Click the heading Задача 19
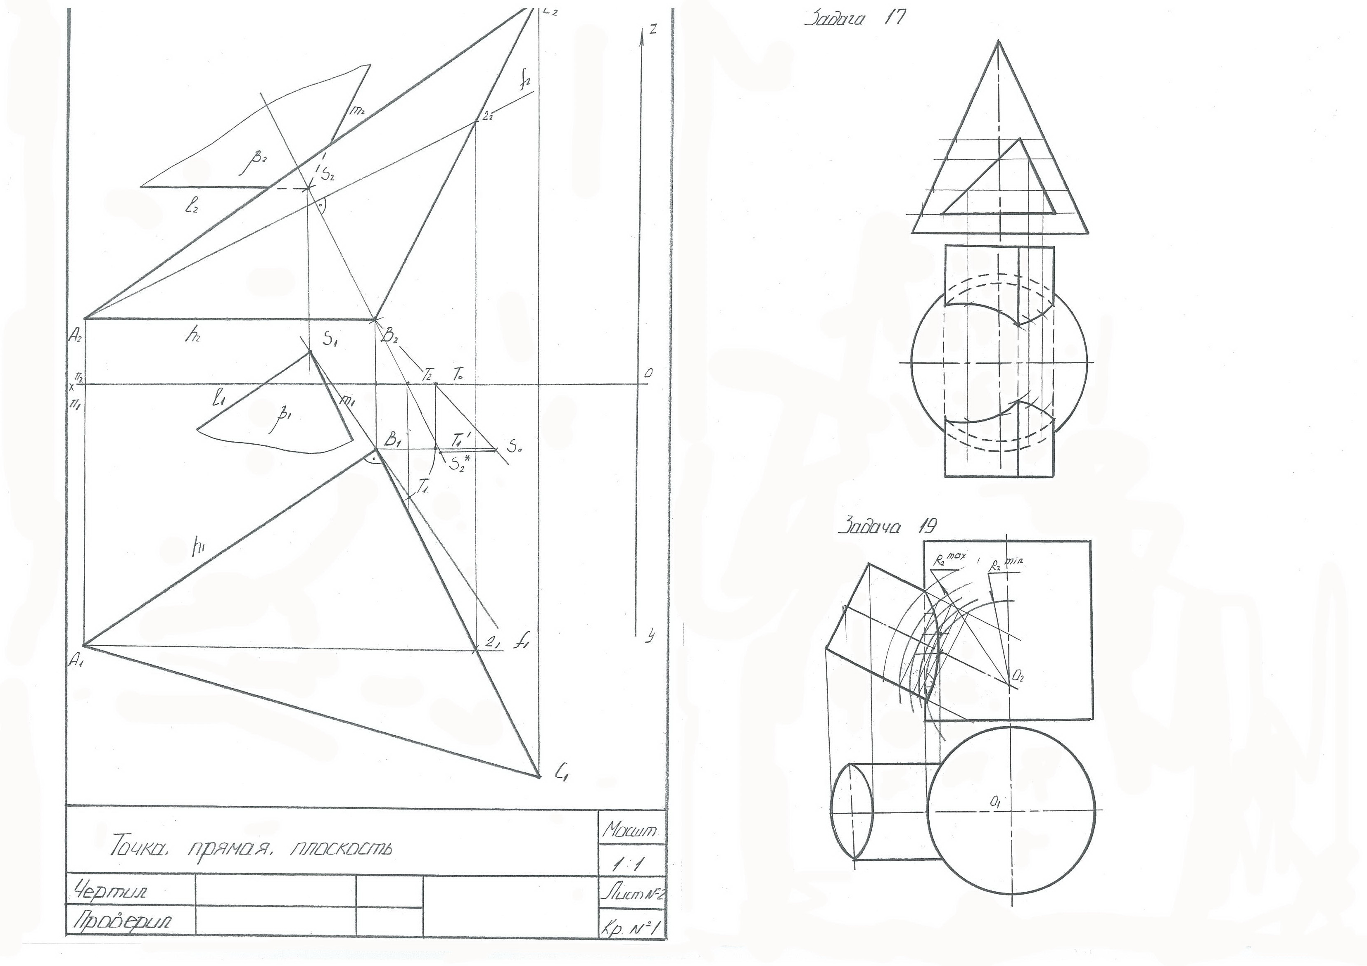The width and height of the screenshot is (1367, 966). coord(887,526)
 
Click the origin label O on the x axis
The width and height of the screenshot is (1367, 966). coord(648,373)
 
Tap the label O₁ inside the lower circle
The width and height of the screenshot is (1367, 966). coord(995,803)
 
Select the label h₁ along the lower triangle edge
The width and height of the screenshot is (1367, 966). coord(198,549)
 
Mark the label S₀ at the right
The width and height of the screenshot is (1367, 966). coord(515,446)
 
